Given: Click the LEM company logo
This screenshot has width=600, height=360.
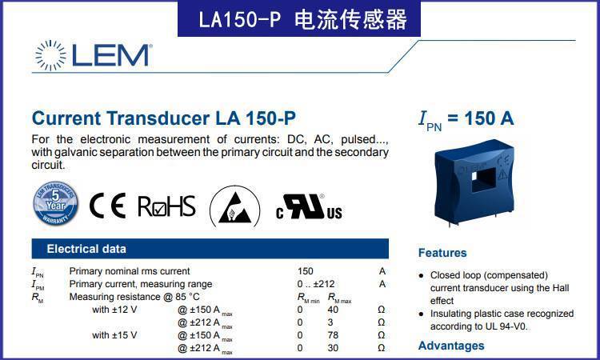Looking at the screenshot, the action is coord(94,55).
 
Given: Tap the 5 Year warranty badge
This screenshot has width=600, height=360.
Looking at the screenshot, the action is coord(56,203).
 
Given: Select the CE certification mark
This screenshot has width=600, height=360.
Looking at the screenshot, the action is coord(107,206).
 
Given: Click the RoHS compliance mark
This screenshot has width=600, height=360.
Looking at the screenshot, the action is coord(167,206).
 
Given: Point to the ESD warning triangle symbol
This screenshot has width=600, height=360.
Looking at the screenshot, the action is coord(235,207).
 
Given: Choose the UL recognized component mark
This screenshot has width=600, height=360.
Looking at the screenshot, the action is coord(309,206).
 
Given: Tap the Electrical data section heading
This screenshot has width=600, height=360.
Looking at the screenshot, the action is coord(86,249).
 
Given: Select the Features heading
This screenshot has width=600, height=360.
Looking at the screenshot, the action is coord(442,253).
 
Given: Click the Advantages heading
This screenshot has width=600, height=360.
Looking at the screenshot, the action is coord(451,346).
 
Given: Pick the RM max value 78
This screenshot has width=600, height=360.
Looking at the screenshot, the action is coord(333,335).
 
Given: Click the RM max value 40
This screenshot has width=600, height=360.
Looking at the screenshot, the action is coord(333,310).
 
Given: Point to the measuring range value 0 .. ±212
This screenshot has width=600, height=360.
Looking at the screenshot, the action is coord(316,284).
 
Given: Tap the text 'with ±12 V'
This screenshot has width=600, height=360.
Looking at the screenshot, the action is coord(114,310).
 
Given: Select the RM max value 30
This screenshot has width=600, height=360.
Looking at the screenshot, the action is coord(333,348).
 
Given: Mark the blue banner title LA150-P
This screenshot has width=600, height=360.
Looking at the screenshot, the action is coord(240,19).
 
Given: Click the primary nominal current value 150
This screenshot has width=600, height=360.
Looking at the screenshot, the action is coord(306,271).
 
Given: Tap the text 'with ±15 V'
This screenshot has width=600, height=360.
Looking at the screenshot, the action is coord(114,335).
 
